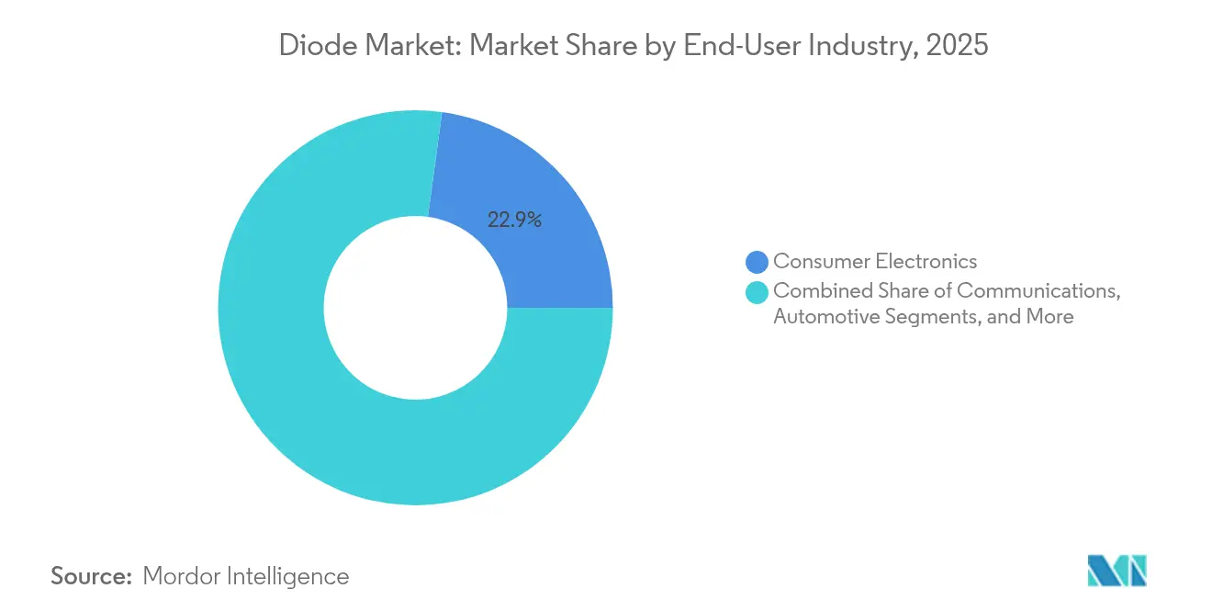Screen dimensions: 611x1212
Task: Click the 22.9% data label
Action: [515, 220]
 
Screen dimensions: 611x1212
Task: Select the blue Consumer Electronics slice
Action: [533, 184]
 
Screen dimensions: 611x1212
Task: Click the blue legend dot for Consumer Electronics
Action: [757, 263]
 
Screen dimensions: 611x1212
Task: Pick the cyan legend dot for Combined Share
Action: [757, 292]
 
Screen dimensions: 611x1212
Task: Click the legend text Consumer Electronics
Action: [875, 263]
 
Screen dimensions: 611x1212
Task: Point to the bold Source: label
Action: [92, 576]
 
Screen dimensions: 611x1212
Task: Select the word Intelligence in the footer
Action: [289, 576]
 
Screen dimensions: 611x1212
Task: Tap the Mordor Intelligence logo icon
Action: [1117, 571]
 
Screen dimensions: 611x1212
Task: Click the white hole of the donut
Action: [415, 308]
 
